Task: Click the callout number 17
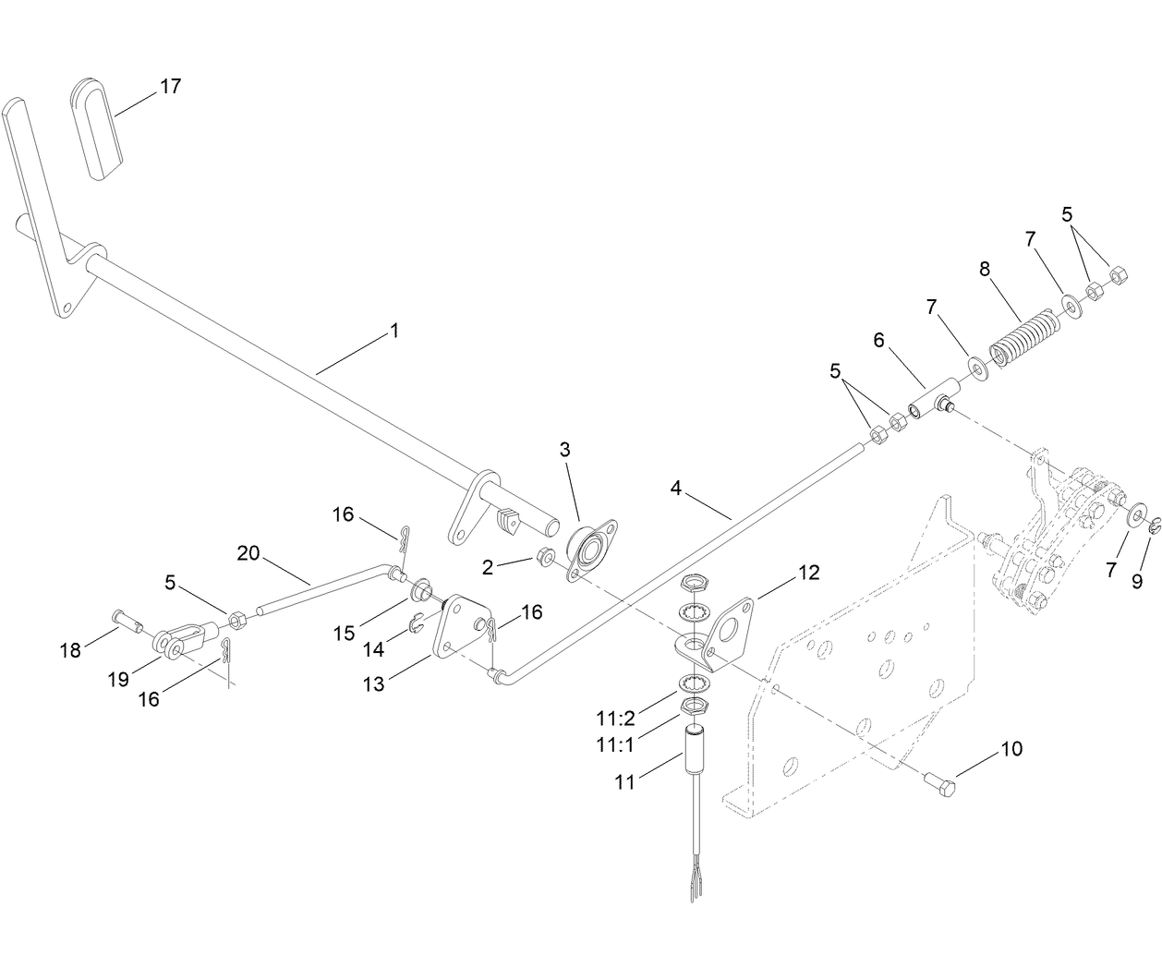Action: [170, 86]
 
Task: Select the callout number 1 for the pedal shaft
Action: [394, 330]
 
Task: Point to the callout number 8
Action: [985, 271]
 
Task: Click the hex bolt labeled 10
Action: [939, 784]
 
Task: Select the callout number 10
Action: [1011, 749]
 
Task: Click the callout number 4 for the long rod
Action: [676, 488]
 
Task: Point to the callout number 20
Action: [248, 553]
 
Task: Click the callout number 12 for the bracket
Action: [808, 573]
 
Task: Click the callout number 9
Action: [1137, 581]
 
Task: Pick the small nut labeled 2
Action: [546, 557]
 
